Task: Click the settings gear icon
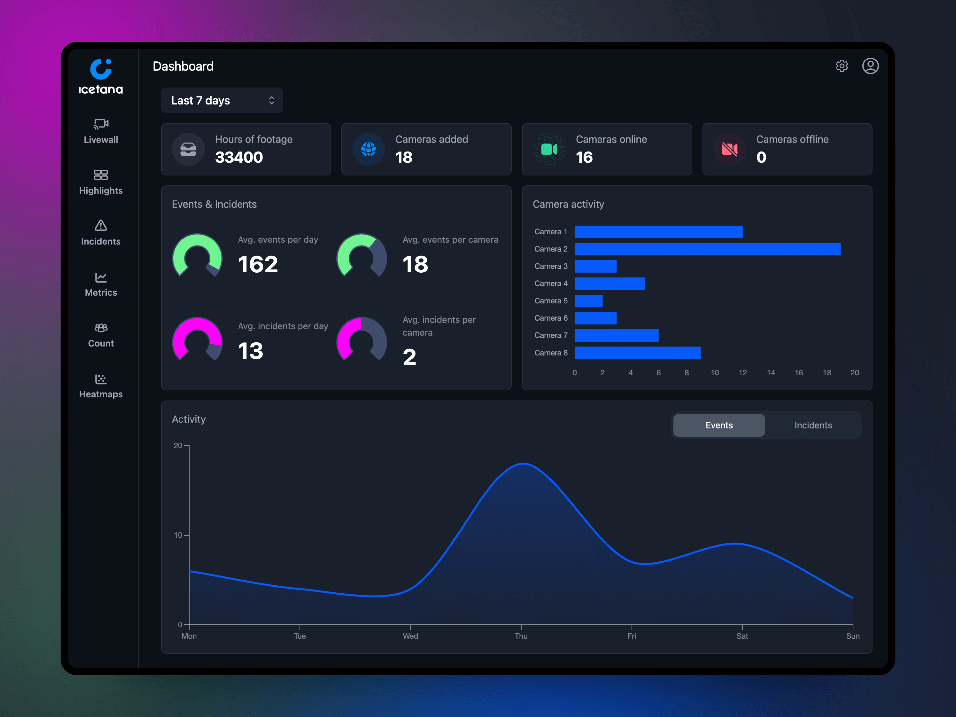[x=841, y=66]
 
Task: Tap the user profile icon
[x=870, y=66]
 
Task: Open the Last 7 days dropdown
[x=222, y=100]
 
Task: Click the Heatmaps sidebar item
[x=101, y=386]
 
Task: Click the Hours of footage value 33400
[x=239, y=157]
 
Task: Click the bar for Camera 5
[x=588, y=301]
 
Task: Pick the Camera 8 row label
[x=551, y=353]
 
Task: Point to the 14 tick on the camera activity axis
[x=771, y=372]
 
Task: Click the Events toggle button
[x=719, y=425]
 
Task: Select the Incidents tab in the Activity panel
[x=813, y=425]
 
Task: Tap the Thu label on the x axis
[x=521, y=636]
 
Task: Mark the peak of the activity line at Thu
[x=523, y=464]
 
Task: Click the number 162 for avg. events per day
[x=258, y=264]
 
